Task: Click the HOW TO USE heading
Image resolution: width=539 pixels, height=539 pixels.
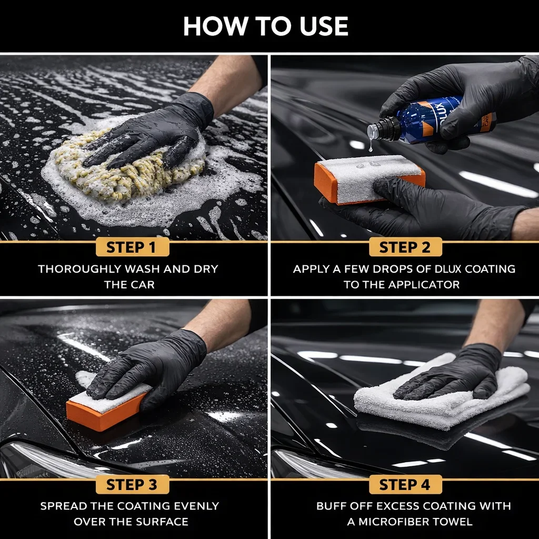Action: pos(266,26)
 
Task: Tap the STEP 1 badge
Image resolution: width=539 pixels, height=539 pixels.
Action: pos(132,247)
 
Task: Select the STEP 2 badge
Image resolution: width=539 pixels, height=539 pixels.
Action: pos(405,247)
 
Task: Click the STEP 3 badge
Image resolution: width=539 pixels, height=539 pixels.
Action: pos(132,484)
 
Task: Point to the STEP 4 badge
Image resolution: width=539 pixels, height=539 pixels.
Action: pos(405,484)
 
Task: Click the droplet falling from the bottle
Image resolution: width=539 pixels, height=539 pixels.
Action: pos(370,147)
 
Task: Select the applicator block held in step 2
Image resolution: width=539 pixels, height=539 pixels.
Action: pos(370,179)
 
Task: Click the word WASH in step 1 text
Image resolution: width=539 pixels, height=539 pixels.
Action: pos(142,269)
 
